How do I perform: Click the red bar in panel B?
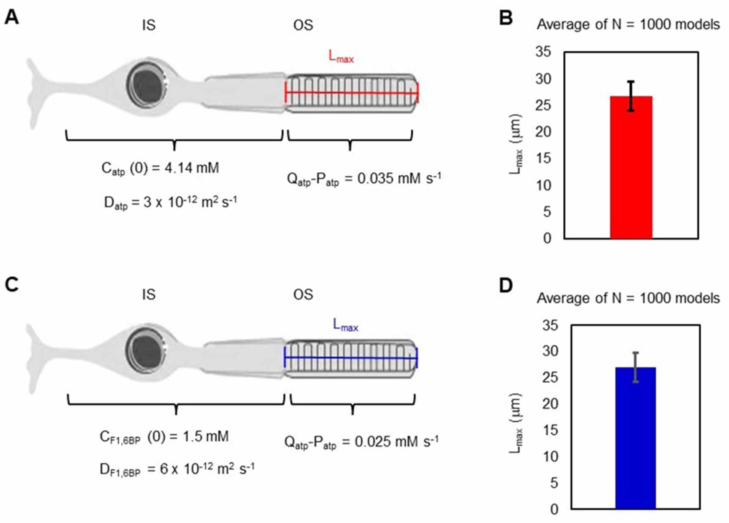[631, 167]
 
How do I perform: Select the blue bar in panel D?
[635, 438]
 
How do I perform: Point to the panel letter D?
[506, 286]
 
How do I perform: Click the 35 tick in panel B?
[543, 52]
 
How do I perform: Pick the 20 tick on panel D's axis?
[550, 403]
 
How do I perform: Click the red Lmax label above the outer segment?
[341, 56]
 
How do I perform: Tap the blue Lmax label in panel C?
[345, 325]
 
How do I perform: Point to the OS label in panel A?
[303, 25]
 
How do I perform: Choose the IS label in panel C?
[149, 294]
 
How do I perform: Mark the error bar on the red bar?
[631, 96]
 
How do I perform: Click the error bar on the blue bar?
[635, 367]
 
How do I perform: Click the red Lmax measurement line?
[352, 93]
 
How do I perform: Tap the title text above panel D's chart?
[628, 298]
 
